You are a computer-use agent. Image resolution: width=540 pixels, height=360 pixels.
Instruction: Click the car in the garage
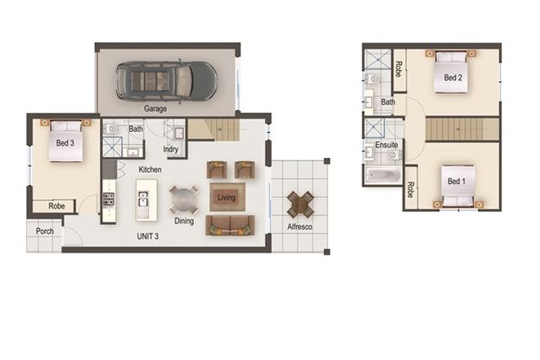coord(166,80)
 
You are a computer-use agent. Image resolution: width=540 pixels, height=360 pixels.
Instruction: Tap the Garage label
coord(155,109)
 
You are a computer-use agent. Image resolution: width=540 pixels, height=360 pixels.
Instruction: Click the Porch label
coord(44,232)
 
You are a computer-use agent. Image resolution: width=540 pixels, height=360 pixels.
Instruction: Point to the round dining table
coord(183,200)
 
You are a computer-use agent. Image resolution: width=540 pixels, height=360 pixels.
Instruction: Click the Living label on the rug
coord(227,196)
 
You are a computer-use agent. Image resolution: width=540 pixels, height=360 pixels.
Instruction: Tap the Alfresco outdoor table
coord(300,205)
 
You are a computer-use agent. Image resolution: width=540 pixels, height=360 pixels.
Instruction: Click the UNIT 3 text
coord(148,236)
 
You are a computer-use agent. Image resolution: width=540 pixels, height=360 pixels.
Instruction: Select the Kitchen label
coord(150,169)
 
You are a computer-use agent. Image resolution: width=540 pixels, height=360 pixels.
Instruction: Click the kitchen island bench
coord(145,200)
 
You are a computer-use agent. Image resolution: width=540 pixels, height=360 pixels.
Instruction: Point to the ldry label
coord(171,149)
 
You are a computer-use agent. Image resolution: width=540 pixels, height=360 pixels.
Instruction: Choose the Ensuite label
coord(386,145)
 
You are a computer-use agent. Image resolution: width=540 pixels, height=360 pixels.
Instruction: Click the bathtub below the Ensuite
coord(383,175)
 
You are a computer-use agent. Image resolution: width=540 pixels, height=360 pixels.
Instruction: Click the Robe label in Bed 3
coord(56,206)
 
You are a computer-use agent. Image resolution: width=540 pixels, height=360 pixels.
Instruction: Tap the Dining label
coord(184,221)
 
